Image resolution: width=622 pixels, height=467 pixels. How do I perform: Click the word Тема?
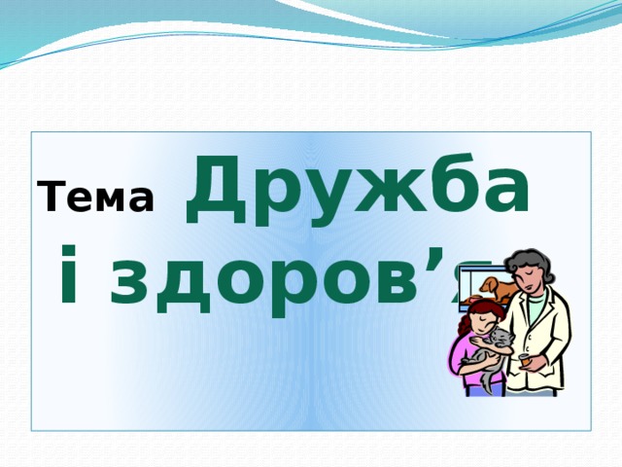click(98, 198)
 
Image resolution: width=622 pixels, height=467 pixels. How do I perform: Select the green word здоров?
click(262, 283)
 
